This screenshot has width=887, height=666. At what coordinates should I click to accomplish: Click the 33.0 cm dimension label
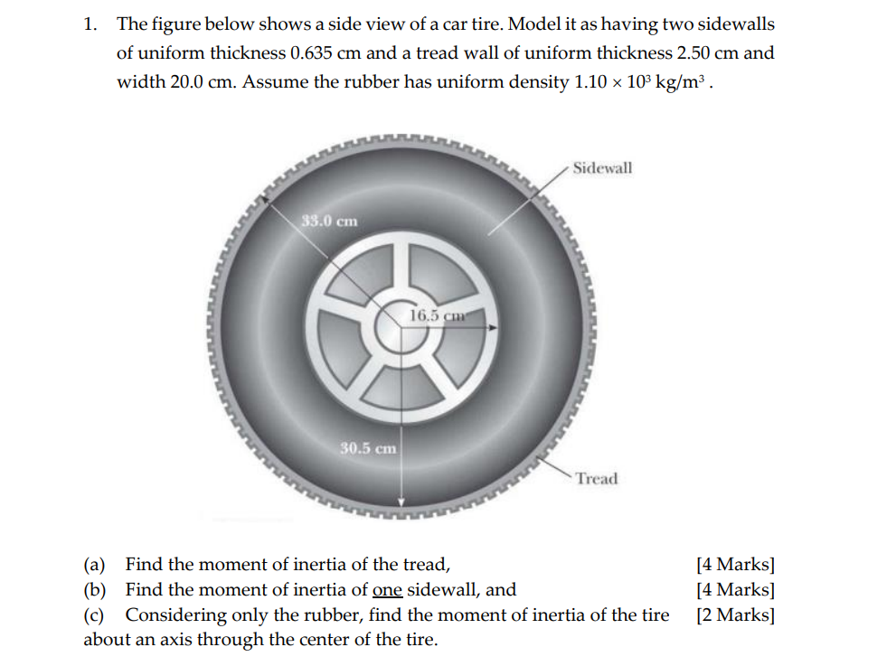coord(329,221)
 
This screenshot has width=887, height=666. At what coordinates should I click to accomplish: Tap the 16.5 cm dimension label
coord(438,315)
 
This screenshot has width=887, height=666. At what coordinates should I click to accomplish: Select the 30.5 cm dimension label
coord(368,448)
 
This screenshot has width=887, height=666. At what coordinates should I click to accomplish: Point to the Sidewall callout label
coord(602,168)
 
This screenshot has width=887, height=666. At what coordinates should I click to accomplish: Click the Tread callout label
coord(597,479)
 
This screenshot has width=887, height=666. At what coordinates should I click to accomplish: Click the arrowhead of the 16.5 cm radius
coord(494,327)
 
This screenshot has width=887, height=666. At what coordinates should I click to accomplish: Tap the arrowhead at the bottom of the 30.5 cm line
coord(401,502)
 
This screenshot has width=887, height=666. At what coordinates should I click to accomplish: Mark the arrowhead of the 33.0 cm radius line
coord(264,200)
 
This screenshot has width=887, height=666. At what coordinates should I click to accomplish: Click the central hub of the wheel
coord(402,328)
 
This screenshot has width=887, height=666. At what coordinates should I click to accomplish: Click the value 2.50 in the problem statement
coord(693,53)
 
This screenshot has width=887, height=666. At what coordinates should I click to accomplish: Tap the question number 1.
coord(90,24)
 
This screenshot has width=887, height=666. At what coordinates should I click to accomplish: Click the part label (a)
coord(94,564)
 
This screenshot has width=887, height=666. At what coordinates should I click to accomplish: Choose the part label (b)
coord(95,590)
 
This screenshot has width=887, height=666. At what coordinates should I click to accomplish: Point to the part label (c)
coord(94,614)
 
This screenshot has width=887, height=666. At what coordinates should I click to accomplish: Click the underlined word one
coord(388,590)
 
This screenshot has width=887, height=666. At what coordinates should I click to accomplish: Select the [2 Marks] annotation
coord(735,614)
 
